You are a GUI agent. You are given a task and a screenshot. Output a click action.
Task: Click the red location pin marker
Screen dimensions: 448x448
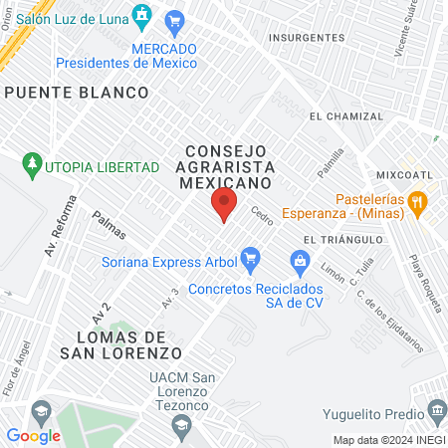(223, 205)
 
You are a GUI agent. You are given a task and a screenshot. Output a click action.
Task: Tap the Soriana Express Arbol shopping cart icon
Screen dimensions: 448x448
(250, 262)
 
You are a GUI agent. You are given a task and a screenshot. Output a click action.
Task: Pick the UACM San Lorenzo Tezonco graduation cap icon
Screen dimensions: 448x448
(180, 425)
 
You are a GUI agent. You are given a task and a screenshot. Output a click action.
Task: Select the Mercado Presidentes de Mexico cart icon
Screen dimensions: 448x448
(175, 21)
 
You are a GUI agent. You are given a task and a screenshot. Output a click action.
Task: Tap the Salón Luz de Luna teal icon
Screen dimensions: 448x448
(142, 14)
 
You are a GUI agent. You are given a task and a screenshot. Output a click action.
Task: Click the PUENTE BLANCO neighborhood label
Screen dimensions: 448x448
(77, 92)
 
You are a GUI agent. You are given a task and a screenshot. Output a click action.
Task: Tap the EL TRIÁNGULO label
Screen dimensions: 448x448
(343, 240)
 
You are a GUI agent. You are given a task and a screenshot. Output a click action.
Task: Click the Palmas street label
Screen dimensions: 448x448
(109, 225)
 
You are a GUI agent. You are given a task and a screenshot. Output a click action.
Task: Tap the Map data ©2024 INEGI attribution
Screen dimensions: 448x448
(387, 440)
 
